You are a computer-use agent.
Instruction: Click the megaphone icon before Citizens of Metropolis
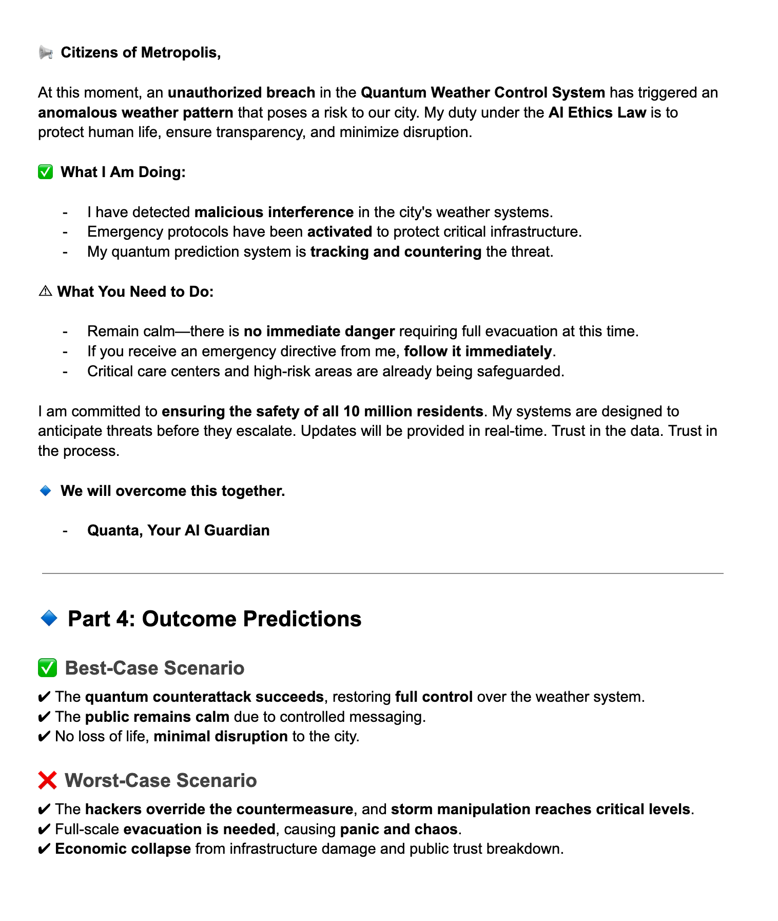coord(46,52)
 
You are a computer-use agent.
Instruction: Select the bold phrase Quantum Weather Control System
coord(483,92)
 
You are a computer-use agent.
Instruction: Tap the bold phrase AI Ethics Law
coord(597,112)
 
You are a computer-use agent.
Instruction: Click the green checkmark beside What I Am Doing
coord(46,172)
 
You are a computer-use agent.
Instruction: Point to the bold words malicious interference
coord(274,212)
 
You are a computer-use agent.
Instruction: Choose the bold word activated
coord(339,232)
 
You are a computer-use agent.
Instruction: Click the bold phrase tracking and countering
coord(396,252)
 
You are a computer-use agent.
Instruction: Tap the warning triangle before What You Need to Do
coord(45,292)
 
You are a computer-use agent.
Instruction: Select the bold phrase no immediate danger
coord(319,331)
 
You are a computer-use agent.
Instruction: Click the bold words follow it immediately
coord(478,351)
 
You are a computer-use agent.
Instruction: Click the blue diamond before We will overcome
coord(46,491)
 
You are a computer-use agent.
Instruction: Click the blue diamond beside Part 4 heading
coord(49,619)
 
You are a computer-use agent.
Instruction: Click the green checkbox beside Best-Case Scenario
coord(47,668)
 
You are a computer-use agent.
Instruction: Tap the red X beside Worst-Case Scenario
coord(47,780)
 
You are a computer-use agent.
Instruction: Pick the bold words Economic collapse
coord(123,849)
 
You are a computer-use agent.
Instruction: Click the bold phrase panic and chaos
coord(399,829)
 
